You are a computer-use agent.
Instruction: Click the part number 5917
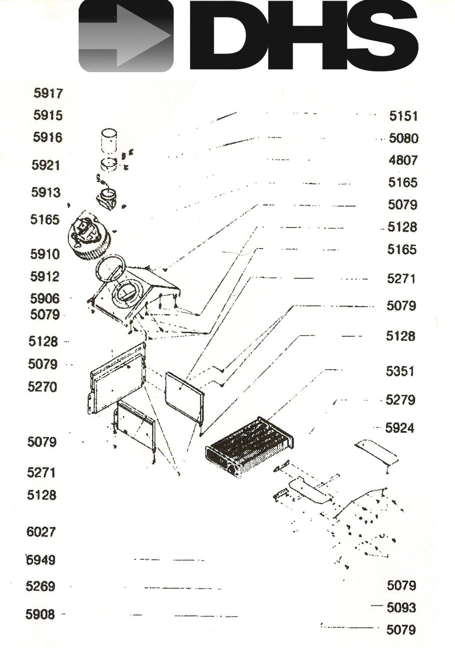(48, 93)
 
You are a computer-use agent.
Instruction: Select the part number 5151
(403, 116)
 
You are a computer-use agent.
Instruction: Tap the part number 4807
(403, 160)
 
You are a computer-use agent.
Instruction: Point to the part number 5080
(404, 138)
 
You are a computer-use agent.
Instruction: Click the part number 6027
(41, 532)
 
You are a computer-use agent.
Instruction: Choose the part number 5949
(41, 560)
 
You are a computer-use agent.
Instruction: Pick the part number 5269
(41, 586)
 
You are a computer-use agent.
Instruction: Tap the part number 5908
(41, 614)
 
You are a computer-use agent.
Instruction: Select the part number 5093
(401, 607)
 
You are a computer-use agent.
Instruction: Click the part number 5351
(400, 371)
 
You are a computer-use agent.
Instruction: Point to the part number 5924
(400, 428)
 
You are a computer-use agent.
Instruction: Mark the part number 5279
(400, 400)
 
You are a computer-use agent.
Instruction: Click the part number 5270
(42, 387)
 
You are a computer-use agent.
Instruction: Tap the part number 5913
(46, 192)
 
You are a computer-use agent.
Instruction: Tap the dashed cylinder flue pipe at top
(109, 141)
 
